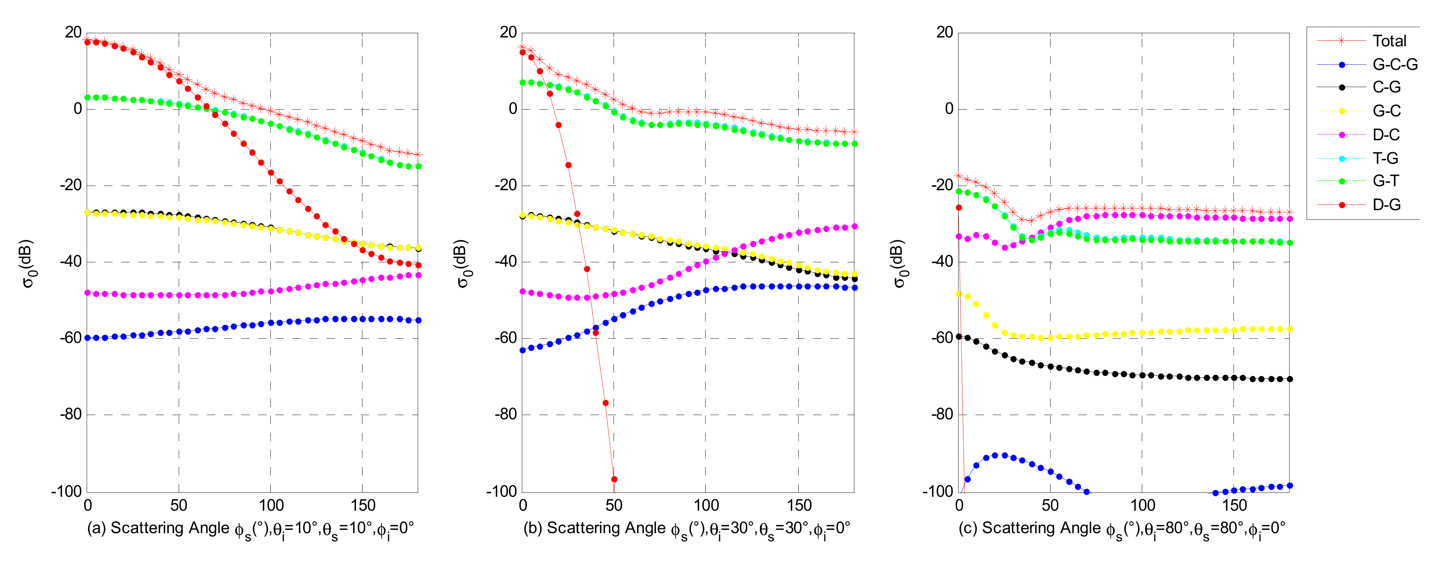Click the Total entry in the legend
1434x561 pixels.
(x=1389, y=41)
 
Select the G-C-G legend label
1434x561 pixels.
(x=1394, y=65)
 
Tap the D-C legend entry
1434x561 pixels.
(x=1385, y=135)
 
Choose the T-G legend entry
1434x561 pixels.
(x=1385, y=158)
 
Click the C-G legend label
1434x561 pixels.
(x=1386, y=87)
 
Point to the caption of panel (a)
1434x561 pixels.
(x=250, y=529)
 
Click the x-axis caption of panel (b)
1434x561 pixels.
(x=686, y=529)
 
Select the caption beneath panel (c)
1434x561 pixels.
(x=1122, y=529)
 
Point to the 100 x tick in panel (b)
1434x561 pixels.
(x=706, y=506)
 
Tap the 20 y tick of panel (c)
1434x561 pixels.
(x=945, y=32)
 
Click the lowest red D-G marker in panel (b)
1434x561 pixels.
(x=614, y=479)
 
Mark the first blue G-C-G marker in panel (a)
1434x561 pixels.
(x=87, y=338)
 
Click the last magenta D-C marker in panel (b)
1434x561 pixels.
(x=854, y=227)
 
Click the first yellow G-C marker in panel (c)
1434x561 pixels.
(x=958, y=294)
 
